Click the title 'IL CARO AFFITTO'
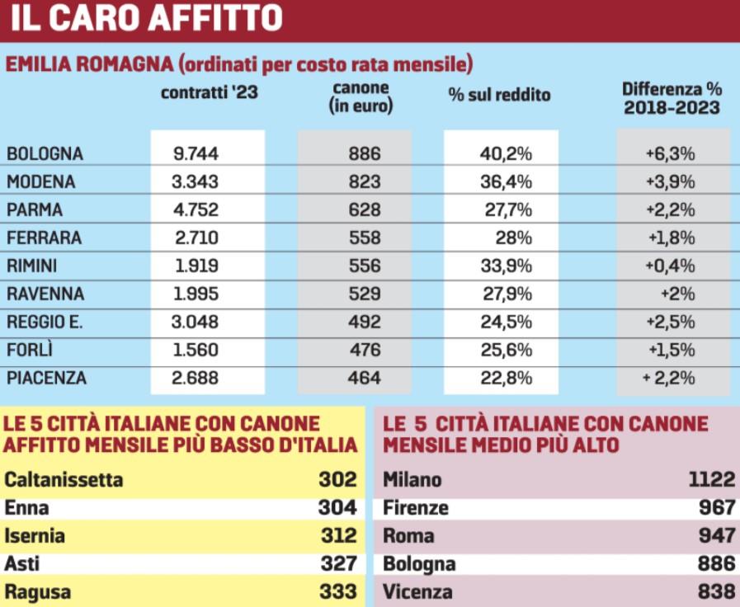147,18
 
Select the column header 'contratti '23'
210,92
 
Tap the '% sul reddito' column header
499,95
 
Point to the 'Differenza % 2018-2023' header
672,98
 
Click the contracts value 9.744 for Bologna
196,153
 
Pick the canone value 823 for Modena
365,181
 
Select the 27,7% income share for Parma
507,209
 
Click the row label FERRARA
44,238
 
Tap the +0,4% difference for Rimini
672,266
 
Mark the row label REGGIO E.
43,322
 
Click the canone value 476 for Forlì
365,350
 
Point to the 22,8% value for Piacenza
506,379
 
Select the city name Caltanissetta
64,479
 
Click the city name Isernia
35,536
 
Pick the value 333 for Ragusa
337,591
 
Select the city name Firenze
417,507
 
